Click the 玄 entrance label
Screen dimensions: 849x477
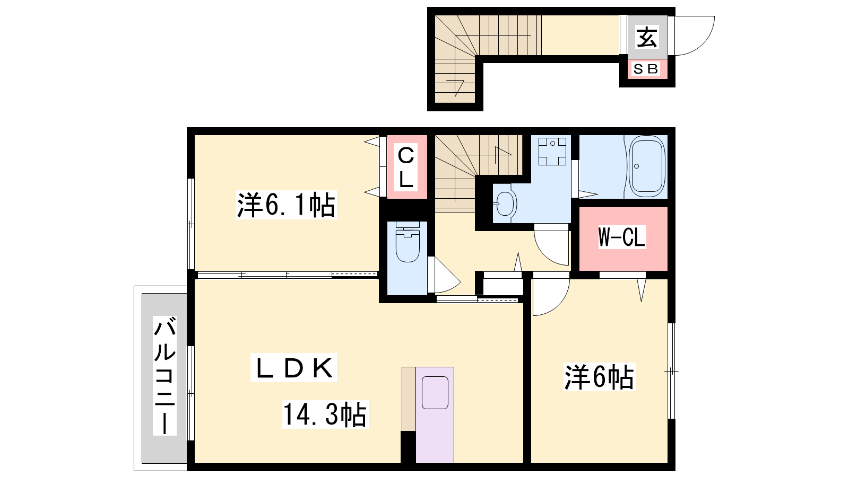[647, 37]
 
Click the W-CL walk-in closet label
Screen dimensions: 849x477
[621, 238]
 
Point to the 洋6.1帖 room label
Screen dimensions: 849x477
[286, 205]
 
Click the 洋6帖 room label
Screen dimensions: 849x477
[599, 377]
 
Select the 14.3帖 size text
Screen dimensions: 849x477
[325, 414]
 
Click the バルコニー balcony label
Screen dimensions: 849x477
[165, 376]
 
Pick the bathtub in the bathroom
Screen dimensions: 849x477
[647, 166]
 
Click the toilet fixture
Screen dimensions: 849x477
[408, 242]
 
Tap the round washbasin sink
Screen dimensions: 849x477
[505, 204]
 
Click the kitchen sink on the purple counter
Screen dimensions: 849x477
[435, 393]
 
